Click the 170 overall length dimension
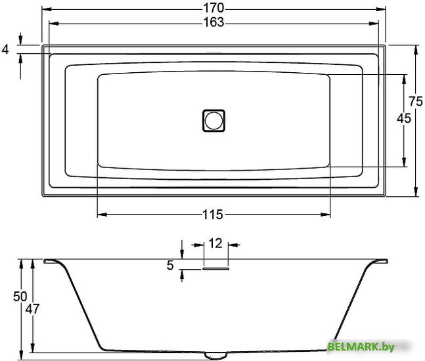point(213,8)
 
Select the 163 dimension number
point(213,22)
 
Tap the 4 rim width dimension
point(6,49)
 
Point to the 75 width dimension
point(414,101)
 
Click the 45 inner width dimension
point(404,118)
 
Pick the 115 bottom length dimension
point(213,214)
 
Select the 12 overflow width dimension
point(214,243)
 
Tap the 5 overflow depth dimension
point(170,266)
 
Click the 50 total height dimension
point(20,296)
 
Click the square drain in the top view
point(213,120)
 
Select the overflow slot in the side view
point(215,267)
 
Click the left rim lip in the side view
point(51,262)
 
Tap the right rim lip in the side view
point(377,262)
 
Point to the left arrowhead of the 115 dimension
point(101,214)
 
